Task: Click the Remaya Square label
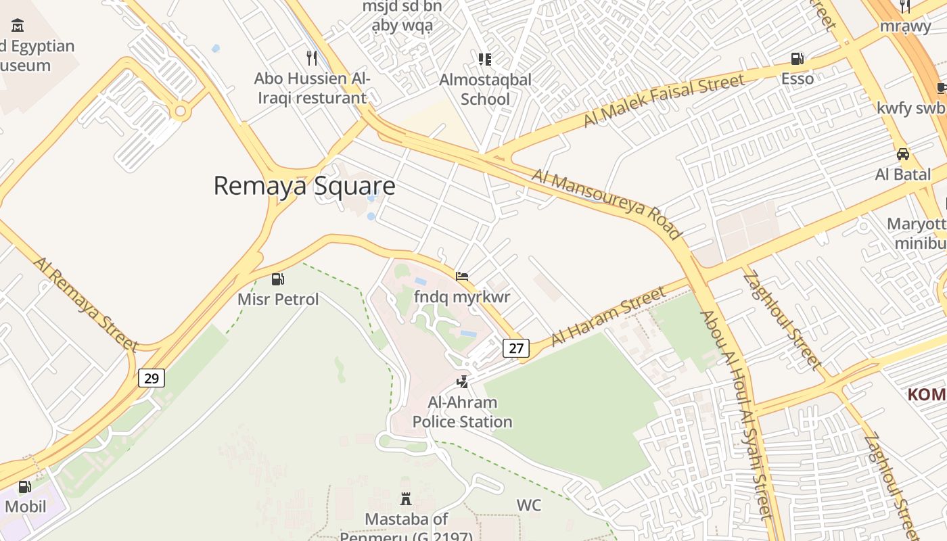(304, 185)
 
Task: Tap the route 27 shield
(516, 348)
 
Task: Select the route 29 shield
(152, 378)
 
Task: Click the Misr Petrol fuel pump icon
(277, 279)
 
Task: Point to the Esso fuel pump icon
(798, 59)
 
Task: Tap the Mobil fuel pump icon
(25, 486)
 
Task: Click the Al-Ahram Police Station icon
(463, 382)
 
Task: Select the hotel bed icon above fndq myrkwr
(462, 277)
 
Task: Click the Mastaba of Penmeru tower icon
(406, 499)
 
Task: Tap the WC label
(528, 505)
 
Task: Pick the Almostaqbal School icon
(485, 60)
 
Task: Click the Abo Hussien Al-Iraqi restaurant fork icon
(311, 58)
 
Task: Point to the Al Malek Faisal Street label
(664, 100)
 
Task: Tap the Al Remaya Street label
(86, 304)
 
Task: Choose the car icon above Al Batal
(903, 154)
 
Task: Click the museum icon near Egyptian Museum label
(18, 26)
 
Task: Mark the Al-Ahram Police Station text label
(463, 412)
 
